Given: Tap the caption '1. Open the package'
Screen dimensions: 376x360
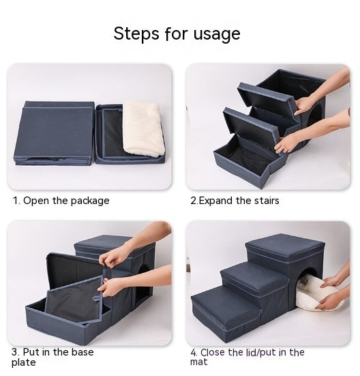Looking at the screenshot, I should click(61, 201).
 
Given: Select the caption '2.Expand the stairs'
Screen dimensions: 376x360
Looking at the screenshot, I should click(235, 201).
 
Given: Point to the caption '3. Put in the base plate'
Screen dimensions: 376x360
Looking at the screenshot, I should click(52, 357).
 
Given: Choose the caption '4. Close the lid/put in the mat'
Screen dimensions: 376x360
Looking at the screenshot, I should click(247, 357).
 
